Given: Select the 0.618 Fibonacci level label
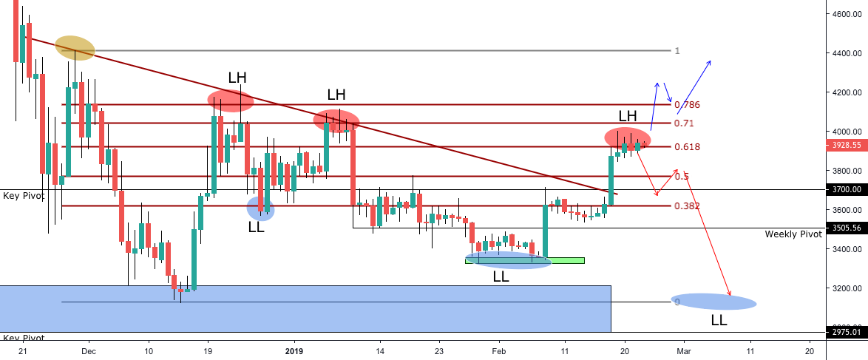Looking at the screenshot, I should tap(687, 168).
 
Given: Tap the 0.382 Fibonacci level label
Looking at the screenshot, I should tap(687, 206).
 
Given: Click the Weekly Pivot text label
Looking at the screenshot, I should tap(793, 234).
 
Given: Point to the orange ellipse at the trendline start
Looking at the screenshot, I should tap(75, 48).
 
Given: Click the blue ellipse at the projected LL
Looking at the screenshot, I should tap(713, 302).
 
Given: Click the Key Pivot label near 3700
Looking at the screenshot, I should tap(22, 197).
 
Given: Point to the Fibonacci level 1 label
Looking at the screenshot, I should tap(677, 51).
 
